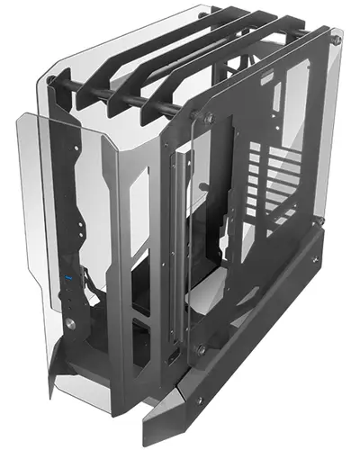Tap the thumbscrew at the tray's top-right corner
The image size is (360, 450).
[x=337, y=40]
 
